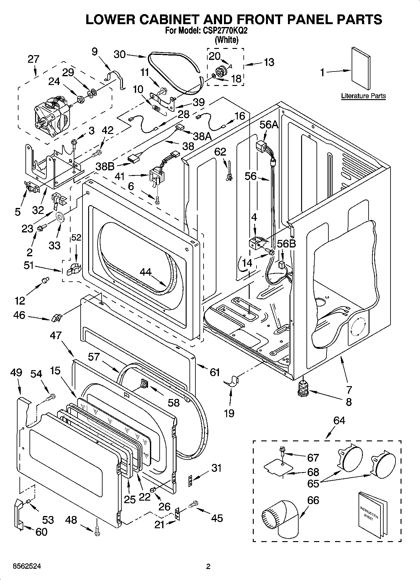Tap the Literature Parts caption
(x=363, y=96)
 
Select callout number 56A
(x=269, y=125)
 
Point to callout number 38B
(x=105, y=166)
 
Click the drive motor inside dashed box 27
(x=52, y=116)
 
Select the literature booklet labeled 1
(x=361, y=68)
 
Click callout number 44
(x=146, y=272)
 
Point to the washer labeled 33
(x=60, y=217)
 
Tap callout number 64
(x=339, y=420)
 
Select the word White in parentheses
(x=226, y=40)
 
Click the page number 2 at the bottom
(x=208, y=567)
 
